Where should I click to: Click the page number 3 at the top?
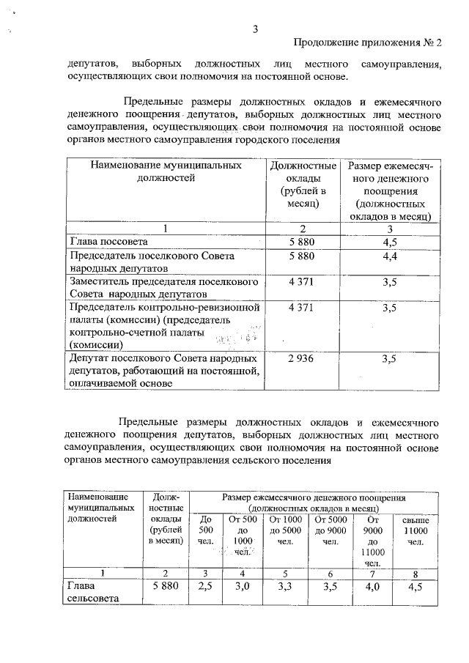[255, 29]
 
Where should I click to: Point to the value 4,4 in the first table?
[389, 256]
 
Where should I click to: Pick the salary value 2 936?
[301, 359]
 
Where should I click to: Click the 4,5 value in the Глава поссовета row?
[389, 241]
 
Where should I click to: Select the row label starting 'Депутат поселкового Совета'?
[162, 371]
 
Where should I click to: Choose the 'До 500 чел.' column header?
[206, 530]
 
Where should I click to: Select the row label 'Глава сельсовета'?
[91, 592]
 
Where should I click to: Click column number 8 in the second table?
[416, 573]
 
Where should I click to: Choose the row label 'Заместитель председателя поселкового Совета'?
[162, 289]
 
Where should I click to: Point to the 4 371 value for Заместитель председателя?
[301, 282]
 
